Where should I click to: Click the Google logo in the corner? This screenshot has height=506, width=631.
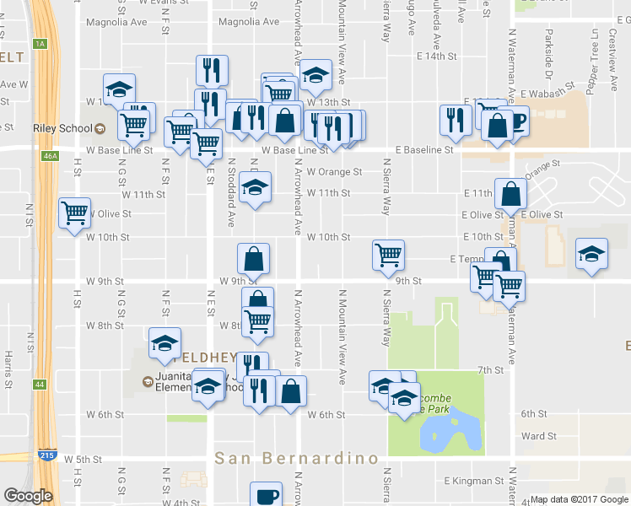coord(28,496)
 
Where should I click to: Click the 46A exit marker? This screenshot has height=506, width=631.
coord(49,156)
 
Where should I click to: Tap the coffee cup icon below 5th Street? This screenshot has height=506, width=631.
coord(267,495)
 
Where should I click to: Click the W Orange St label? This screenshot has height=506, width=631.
coord(334,171)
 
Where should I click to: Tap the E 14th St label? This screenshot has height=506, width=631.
coord(436,56)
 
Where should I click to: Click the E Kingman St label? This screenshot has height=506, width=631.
coord(472,481)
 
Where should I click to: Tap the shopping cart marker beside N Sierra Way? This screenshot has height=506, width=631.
coord(388,253)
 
